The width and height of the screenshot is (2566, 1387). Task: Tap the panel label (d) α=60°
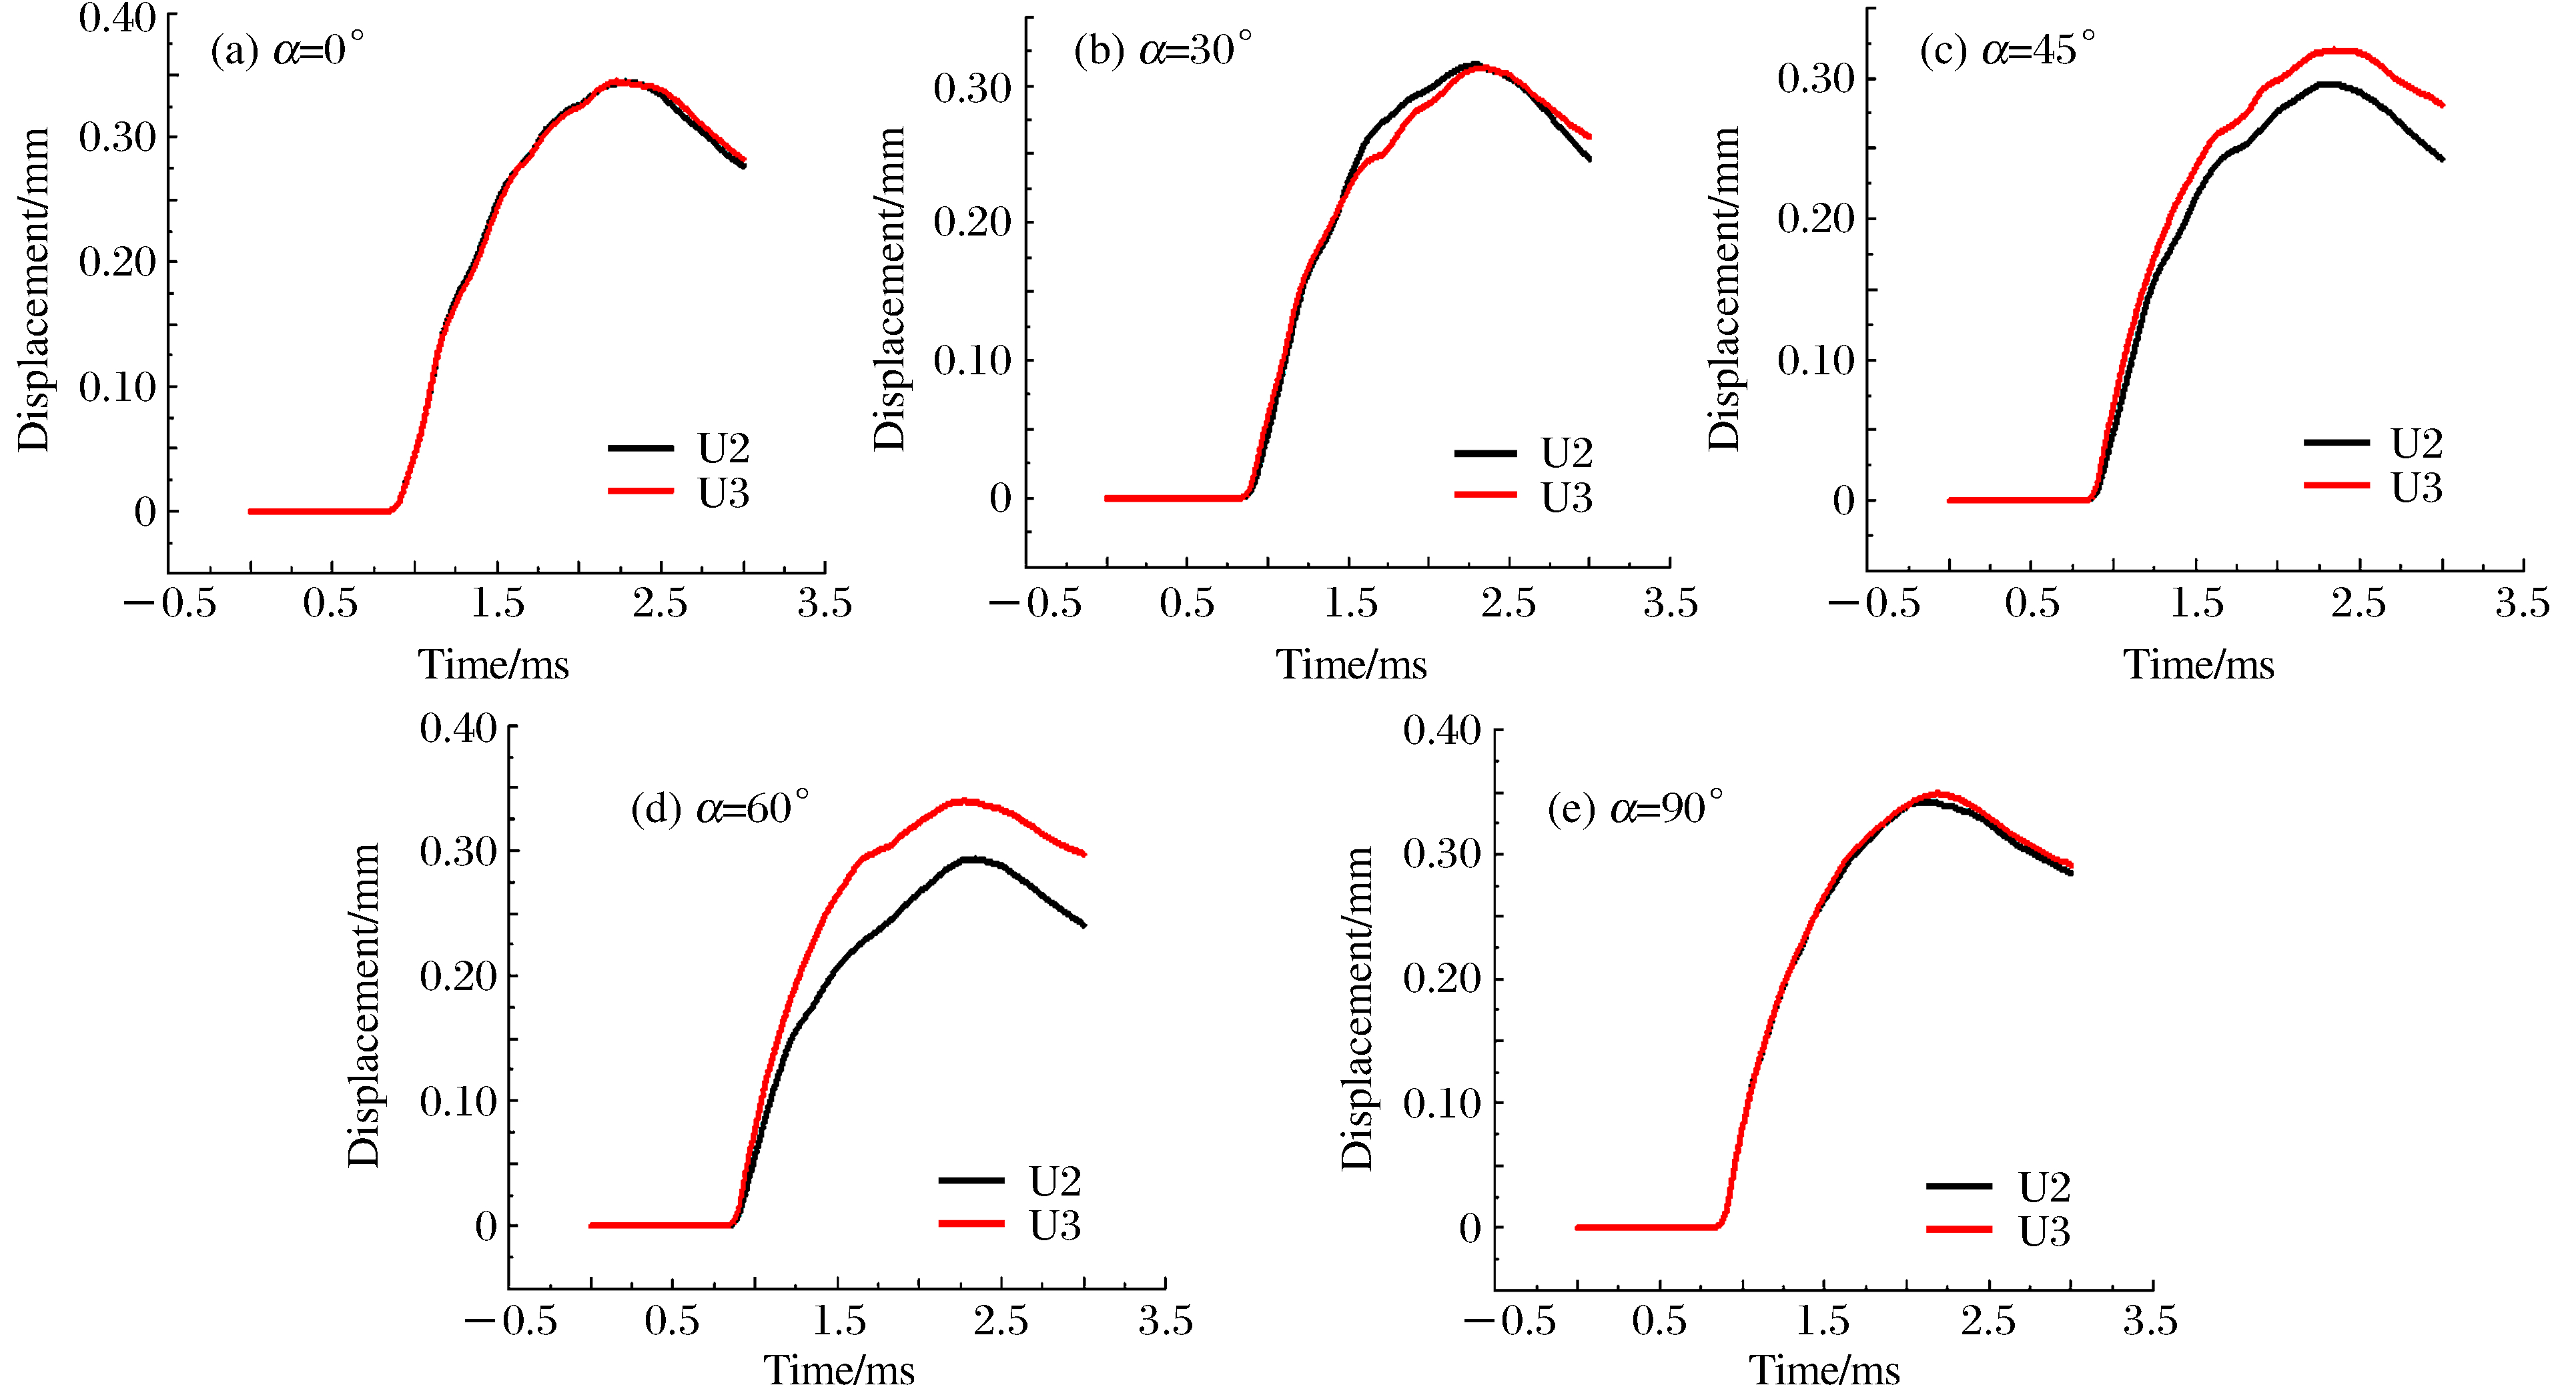pos(720,808)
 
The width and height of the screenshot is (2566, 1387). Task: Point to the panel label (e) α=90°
pos(1635,808)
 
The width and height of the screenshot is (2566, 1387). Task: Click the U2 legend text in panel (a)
pos(723,450)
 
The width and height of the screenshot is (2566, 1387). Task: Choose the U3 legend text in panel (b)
pos(1567,498)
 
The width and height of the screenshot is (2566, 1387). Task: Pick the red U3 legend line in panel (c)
pos(2336,485)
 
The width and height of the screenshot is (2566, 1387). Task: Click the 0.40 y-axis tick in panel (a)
pos(117,18)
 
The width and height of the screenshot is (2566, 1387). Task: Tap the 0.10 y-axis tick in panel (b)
pos(972,361)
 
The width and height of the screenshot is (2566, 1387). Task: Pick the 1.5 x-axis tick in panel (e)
pos(1823,1321)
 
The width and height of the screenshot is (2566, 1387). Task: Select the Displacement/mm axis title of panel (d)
pos(364,1004)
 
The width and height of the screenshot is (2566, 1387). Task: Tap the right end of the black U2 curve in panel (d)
pos(1084,925)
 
